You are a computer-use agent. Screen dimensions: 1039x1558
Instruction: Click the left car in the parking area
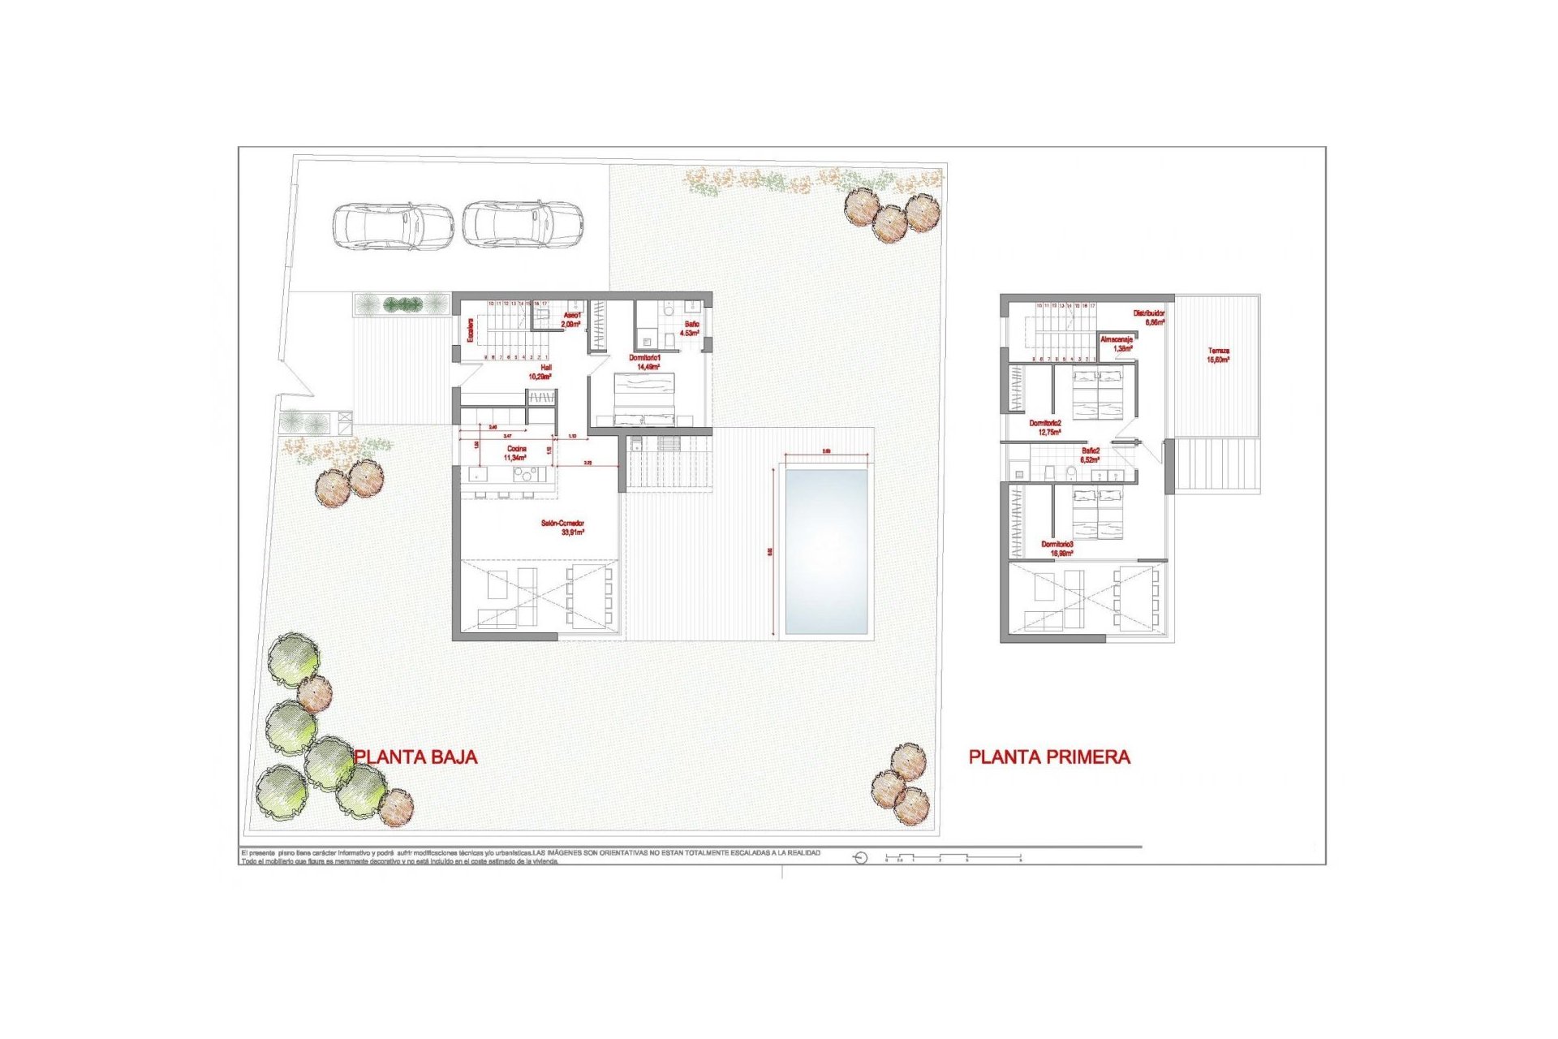click(x=393, y=225)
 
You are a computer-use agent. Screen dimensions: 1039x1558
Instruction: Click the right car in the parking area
click(x=523, y=223)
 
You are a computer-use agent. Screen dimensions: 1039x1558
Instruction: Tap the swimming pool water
click(x=826, y=551)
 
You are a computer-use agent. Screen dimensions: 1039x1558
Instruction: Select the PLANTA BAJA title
click(x=416, y=757)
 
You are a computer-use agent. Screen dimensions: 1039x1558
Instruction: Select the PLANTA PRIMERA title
click(x=1049, y=757)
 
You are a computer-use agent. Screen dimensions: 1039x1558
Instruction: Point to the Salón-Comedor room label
click(x=563, y=528)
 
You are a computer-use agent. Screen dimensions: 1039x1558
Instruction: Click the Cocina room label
click(x=516, y=453)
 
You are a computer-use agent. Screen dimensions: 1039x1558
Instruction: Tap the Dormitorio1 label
click(x=646, y=362)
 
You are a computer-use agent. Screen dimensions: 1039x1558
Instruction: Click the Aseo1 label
click(x=572, y=319)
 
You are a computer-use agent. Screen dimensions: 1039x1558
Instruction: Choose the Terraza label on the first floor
click(x=1218, y=355)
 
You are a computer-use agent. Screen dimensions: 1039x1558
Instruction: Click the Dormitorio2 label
click(x=1045, y=428)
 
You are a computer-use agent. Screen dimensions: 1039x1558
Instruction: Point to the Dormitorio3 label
click(x=1058, y=549)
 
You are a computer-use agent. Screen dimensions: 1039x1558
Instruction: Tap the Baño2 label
click(x=1091, y=455)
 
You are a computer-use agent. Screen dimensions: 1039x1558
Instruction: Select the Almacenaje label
click(x=1117, y=344)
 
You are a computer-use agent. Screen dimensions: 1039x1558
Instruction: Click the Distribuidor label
click(x=1149, y=317)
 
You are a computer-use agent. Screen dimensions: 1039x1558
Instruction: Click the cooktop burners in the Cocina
click(x=525, y=474)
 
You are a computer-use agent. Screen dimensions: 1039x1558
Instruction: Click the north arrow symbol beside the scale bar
click(x=861, y=858)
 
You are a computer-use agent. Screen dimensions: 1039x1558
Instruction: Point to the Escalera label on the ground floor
click(x=470, y=330)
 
